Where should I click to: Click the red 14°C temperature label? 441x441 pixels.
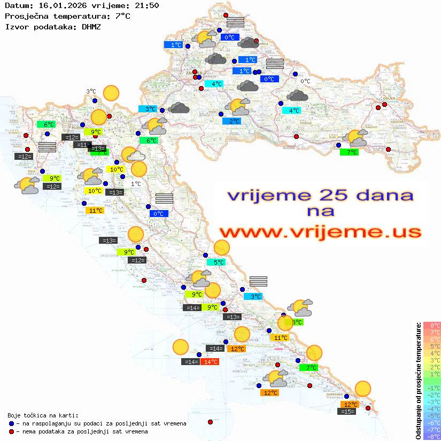pyautogui.click(x=210, y=362)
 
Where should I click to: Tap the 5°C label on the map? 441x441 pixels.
pyautogui.click(x=219, y=262)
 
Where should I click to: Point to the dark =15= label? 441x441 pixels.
pyautogui.click(x=347, y=411)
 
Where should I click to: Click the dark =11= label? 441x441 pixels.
pyautogui.click(x=82, y=145)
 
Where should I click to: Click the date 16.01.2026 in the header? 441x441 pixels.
pyautogui.click(x=61, y=6)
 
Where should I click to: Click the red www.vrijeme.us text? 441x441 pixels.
pyautogui.click(x=320, y=232)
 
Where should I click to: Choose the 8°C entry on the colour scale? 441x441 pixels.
pyautogui.click(x=431, y=326)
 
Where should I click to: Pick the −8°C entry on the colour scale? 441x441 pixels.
pyautogui.click(x=431, y=436)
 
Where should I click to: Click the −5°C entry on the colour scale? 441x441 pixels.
pyautogui.click(x=431, y=415)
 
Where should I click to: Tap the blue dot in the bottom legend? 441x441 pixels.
pyautogui.click(x=12, y=423)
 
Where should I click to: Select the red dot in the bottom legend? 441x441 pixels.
pyautogui.click(x=12, y=431)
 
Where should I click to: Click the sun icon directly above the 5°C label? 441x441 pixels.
pyautogui.click(x=222, y=247)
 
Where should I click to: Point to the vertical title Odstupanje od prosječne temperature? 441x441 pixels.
pyautogui.click(x=418, y=381)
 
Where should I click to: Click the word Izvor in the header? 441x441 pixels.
pyautogui.click(x=17, y=26)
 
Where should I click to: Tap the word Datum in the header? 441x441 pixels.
pyautogui.click(x=17, y=6)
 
